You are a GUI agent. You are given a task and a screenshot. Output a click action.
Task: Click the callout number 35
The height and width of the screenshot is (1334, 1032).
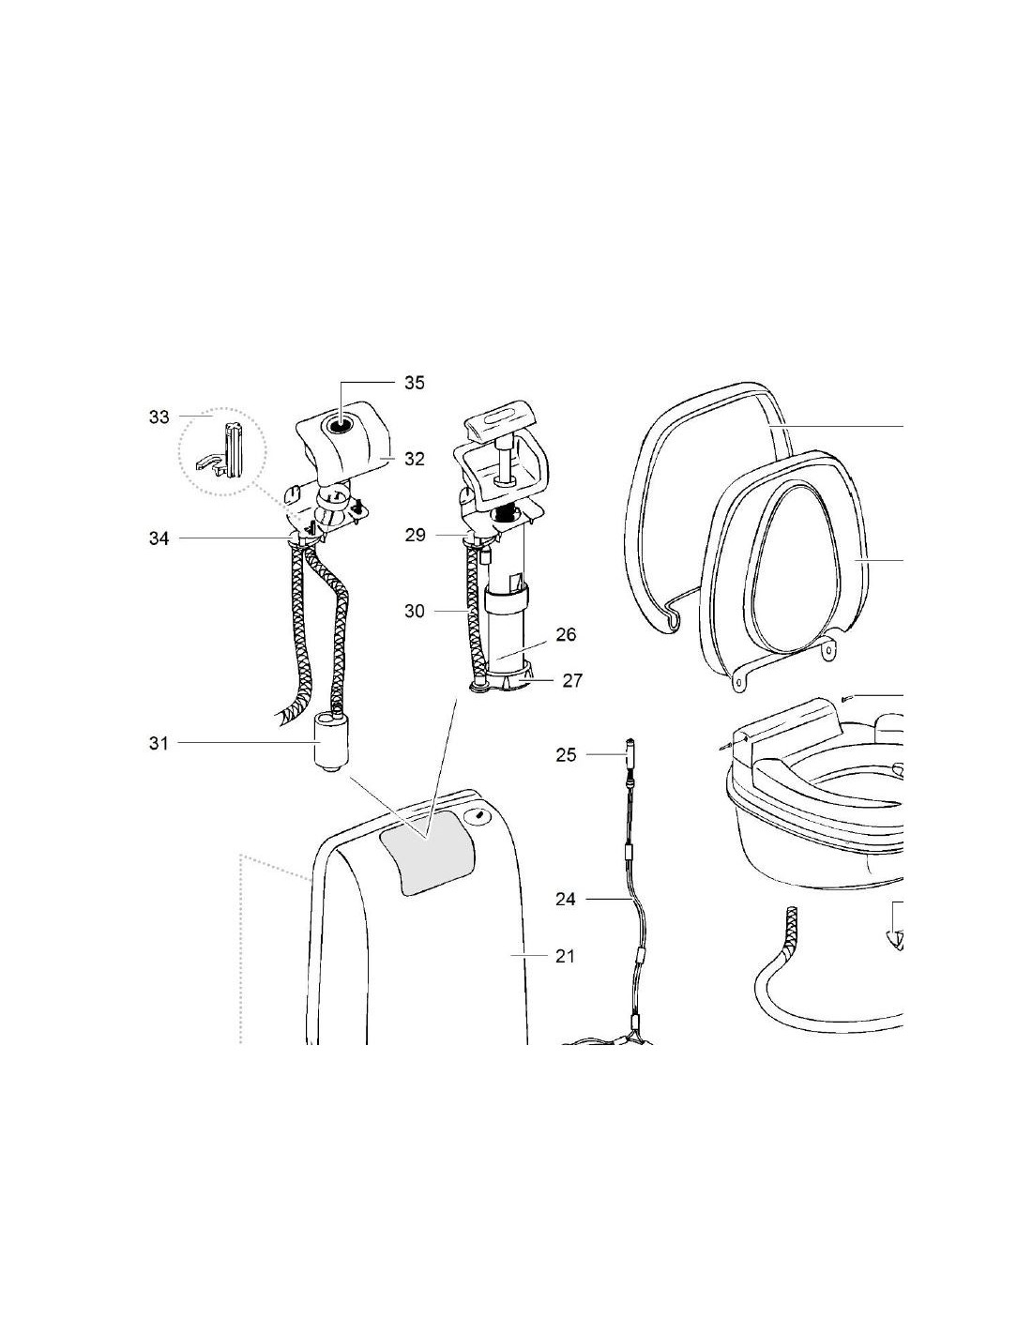click(x=414, y=383)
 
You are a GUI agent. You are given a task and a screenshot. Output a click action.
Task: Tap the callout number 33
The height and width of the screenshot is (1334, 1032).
click(x=159, y=417)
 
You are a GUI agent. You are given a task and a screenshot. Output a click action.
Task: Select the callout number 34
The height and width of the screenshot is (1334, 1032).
click(x=159, y=538)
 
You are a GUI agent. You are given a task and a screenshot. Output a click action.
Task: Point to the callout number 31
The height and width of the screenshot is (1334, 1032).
click(x=159, y=743)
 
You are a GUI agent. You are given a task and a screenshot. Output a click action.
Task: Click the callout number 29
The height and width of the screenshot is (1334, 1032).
click(x=415, y=536)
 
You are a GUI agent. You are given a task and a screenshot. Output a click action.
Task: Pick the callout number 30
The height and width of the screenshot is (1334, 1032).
click(x=415, y=611)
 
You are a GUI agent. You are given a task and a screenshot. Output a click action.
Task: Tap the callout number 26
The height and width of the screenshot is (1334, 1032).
click(x=566, y=634)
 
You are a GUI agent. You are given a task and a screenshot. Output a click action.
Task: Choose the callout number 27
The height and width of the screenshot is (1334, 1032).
click(x=572, y=681)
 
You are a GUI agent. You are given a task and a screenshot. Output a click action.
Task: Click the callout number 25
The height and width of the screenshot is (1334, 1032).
click(x=566, y=754)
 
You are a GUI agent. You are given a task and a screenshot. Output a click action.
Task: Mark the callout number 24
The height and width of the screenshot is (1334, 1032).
click(x=566, y=900)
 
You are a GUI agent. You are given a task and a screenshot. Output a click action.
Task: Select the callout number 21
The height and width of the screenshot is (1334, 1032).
click(x=565, y=956)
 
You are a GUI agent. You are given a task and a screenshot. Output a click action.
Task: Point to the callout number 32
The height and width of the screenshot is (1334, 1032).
click(x=415, y=459)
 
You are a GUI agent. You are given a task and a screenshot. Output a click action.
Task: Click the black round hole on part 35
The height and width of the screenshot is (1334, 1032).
click(x=339, y=425)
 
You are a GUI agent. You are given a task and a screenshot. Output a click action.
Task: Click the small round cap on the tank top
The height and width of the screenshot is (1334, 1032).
click(x=477, y=816)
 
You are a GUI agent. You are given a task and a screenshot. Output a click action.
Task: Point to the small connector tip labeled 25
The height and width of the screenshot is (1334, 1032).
click(x=630, y=750)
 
